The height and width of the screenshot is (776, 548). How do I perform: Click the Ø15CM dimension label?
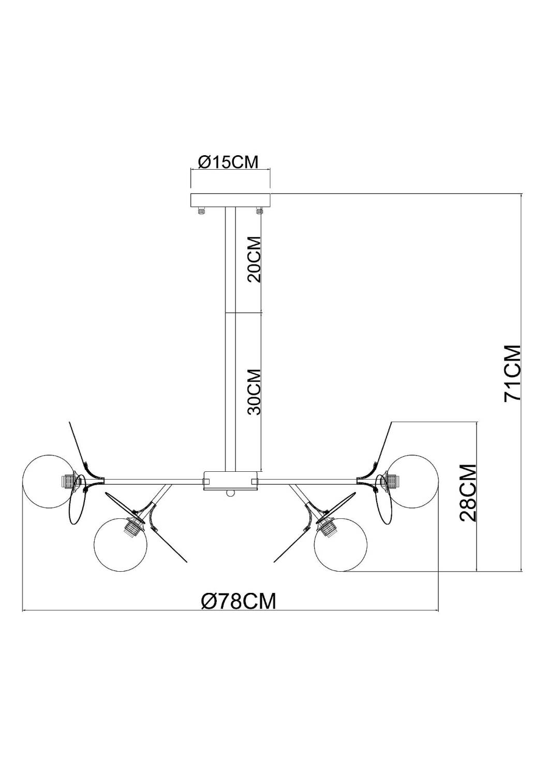[x=228, y=162]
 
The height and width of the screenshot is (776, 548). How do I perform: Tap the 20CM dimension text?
[x=254, y=259]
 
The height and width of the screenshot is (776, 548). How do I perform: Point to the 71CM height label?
[x=513, y=372]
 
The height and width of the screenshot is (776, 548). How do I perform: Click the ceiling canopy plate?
[x=231, y=200]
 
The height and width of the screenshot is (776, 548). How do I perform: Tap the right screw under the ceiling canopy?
[x=259, y=211]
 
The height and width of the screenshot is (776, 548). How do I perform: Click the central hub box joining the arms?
[x=230, y=481]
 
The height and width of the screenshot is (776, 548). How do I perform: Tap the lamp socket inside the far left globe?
[x=69, y=481]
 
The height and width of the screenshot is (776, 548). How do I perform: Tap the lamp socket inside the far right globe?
[x=392, y=481]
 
